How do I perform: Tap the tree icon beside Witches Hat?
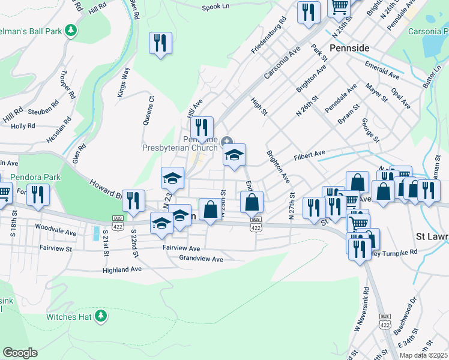pyautogui.click(x=101, y=316)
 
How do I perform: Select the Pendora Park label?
pyautogui.click(x=35, y=178)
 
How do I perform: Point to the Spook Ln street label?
pyautogui.click(x=217, y=7)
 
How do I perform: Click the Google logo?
pyautogui.click(x=20, y=353)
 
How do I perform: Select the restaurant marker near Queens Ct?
pyautogui.click(x=160, y=43)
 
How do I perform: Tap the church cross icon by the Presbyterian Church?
pyautogui.click(x=227, y=141)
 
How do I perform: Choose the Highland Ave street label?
pyautogui.click(x=122, y=269)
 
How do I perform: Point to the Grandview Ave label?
pyautogui.click(x=200, y=259)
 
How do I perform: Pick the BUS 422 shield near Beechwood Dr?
pyautogui.click(x=385, y=320)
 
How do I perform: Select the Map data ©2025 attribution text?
pyautogui.click(x=423, y=355)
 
